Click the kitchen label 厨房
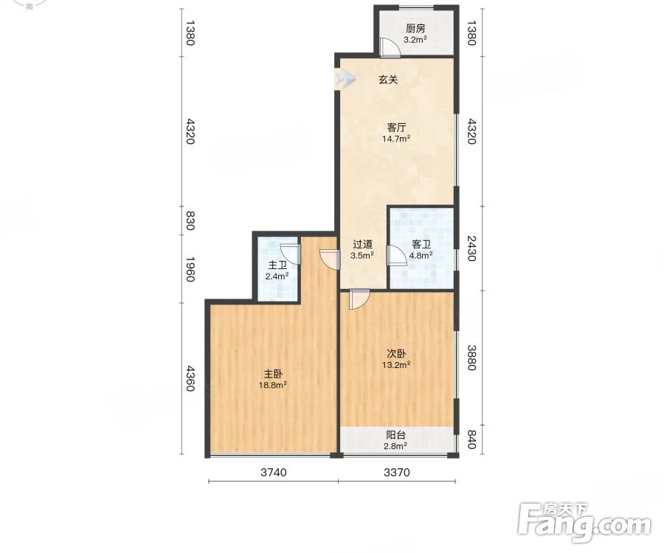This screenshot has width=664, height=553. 415,28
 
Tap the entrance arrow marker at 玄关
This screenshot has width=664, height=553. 345,79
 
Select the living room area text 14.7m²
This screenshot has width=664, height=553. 396,139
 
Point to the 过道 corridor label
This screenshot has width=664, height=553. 362,244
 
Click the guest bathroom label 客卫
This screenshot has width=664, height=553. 421,244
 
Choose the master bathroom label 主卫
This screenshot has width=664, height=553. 277,265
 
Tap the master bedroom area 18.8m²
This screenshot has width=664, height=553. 273,385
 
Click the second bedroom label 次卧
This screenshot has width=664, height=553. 396,353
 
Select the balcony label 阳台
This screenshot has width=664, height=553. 396,434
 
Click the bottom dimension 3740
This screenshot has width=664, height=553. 274,472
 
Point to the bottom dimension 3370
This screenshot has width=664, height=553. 397,472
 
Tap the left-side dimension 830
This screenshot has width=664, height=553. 190,220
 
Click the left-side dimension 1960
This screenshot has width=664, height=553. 190,269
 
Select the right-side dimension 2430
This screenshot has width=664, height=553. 471,248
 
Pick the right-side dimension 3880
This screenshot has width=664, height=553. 471,358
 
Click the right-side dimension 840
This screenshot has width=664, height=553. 471,439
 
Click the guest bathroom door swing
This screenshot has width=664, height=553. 396,256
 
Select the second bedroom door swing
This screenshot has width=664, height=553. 359,299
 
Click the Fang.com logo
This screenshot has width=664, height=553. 585,524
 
